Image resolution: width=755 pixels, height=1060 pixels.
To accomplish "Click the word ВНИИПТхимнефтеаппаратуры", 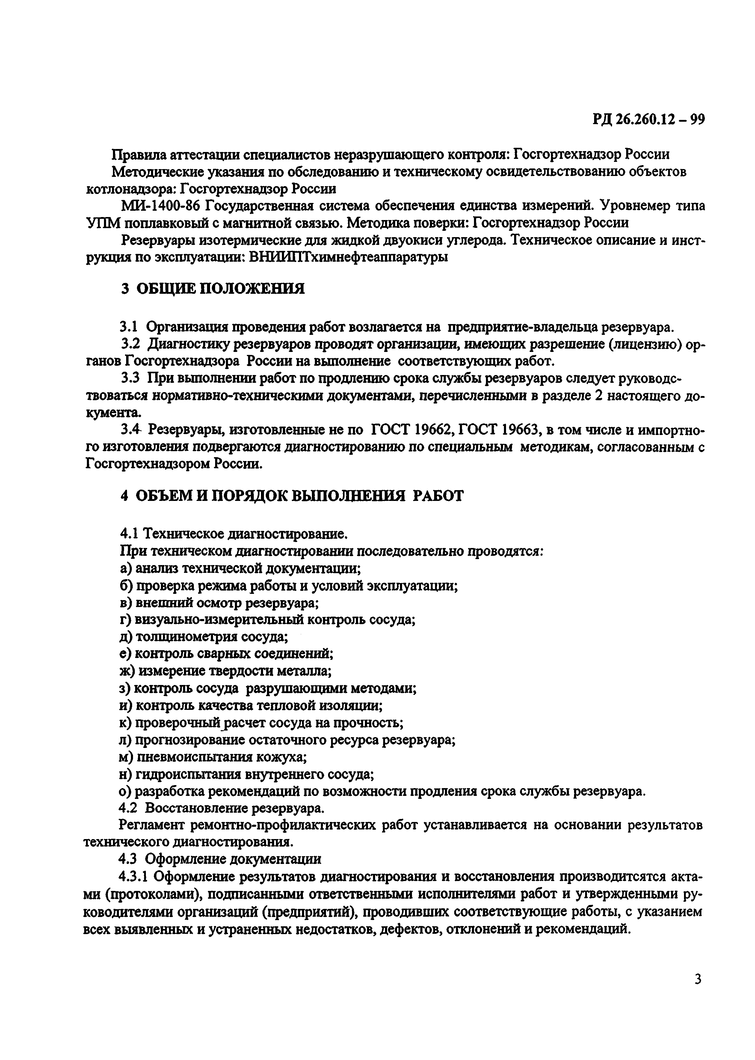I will point(349,257).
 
